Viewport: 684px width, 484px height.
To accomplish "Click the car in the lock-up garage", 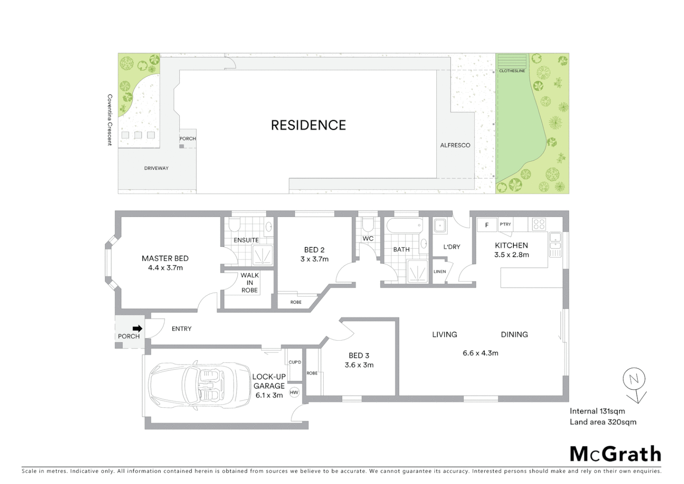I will [200, 385].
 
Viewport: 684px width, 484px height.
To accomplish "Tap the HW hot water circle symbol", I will [294, 393].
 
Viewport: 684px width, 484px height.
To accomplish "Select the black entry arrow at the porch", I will [137, 328].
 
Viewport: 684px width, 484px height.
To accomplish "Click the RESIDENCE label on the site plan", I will [308, 125].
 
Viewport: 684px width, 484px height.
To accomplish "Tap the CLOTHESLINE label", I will [512, 71].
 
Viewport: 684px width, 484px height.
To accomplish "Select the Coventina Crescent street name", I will [109, 120].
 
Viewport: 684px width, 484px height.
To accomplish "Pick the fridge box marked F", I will [487, 225].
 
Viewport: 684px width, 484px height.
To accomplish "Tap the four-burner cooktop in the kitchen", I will [539, 224].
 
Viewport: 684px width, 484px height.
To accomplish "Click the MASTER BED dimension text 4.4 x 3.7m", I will [165, 268].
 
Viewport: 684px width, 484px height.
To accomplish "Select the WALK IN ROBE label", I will [249, 283].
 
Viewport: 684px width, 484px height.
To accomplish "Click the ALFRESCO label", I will [455, 145].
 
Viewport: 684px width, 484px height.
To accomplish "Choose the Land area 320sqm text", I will [603, 422].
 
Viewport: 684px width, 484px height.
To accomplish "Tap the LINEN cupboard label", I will [440, 272].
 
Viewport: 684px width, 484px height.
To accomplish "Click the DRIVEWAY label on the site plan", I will [156, 168].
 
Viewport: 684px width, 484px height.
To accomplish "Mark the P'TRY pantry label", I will [505, 224].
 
